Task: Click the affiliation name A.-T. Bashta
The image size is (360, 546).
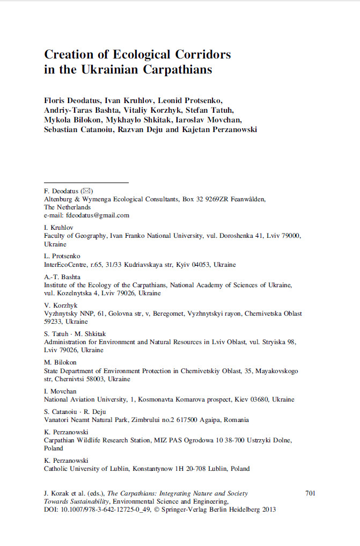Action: click(62, 276)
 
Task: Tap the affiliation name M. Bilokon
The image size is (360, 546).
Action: click(60, 362)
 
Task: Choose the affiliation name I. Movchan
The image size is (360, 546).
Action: click(60, 391)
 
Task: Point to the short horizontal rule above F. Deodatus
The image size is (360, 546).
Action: click(86, 183)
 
